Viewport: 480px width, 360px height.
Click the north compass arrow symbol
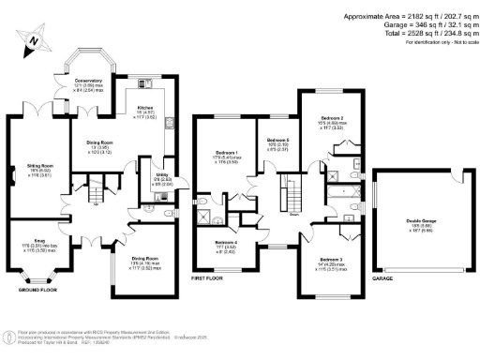(x=34, y=40)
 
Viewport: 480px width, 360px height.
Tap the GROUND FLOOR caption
(x=37, y=291)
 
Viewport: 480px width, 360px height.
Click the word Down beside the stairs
(x=293, y=214)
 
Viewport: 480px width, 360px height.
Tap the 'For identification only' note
(x=421, y=43)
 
